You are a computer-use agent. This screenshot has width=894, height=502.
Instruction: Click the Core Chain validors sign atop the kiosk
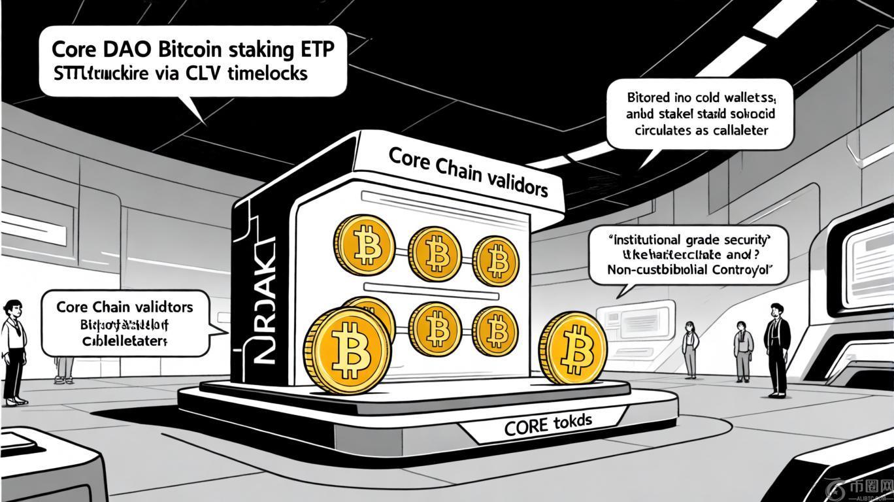(467, 171)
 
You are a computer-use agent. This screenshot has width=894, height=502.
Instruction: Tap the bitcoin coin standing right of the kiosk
(573, 346)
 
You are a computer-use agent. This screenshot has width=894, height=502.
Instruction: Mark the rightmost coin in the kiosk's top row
(496, 260)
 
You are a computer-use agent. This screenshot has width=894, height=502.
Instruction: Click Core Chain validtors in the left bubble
(124, 307)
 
